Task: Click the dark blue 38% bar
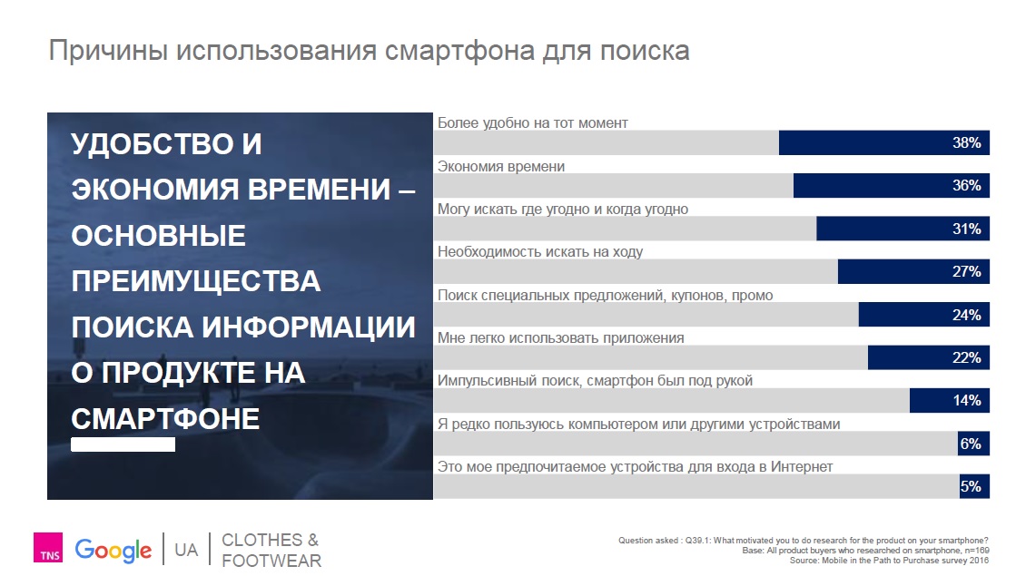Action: tap(884, 142)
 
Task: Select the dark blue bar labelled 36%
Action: tap(892, 186)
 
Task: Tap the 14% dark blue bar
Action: tap(950, 400)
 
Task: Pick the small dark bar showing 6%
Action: tap(973, 444)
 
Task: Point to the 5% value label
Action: tap(971, 486)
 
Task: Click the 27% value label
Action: tap(966, 271)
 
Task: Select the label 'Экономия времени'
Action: tap(501, 167)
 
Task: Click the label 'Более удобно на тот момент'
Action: tap(533, 123)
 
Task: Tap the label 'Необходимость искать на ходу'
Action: tap(540, 252)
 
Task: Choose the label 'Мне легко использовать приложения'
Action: tap(561, 338)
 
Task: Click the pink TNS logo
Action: tap(48, 547)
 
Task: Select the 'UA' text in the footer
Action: tap(186, 550)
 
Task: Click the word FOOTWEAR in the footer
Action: tap(271, 561)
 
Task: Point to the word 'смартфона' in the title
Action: tap(459, 51)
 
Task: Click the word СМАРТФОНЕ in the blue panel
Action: tap(165, 418)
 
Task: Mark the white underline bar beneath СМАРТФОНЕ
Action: tap(123, 444)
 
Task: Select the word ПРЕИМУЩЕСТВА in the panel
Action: tap(196, 281)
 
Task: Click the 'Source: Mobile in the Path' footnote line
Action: tap(889, 561)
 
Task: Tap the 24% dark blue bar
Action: tap(924, 315)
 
